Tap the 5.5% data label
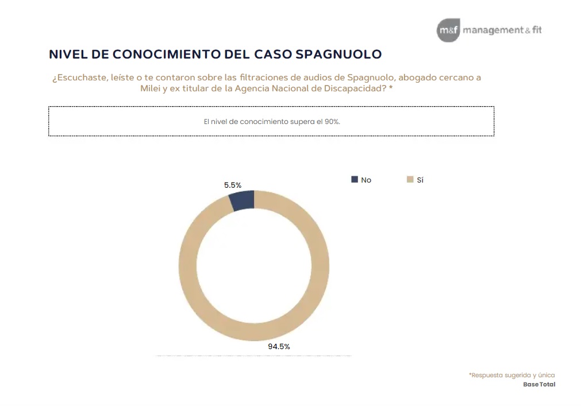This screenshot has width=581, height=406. coord(233,185)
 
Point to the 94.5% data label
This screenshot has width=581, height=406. coord(279,346)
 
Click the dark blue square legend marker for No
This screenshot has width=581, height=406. coord(354,180)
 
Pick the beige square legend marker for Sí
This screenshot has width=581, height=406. coord(410,180)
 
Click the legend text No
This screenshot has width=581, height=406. coord(366,180)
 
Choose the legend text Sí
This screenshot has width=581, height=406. coord(420,180)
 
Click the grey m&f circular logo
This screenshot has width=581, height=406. coord(448,30)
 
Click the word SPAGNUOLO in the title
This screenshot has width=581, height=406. coord(338,55)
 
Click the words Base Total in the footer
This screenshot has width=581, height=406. coord(539,384)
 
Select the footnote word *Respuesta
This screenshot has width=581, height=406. coord(486,375)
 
